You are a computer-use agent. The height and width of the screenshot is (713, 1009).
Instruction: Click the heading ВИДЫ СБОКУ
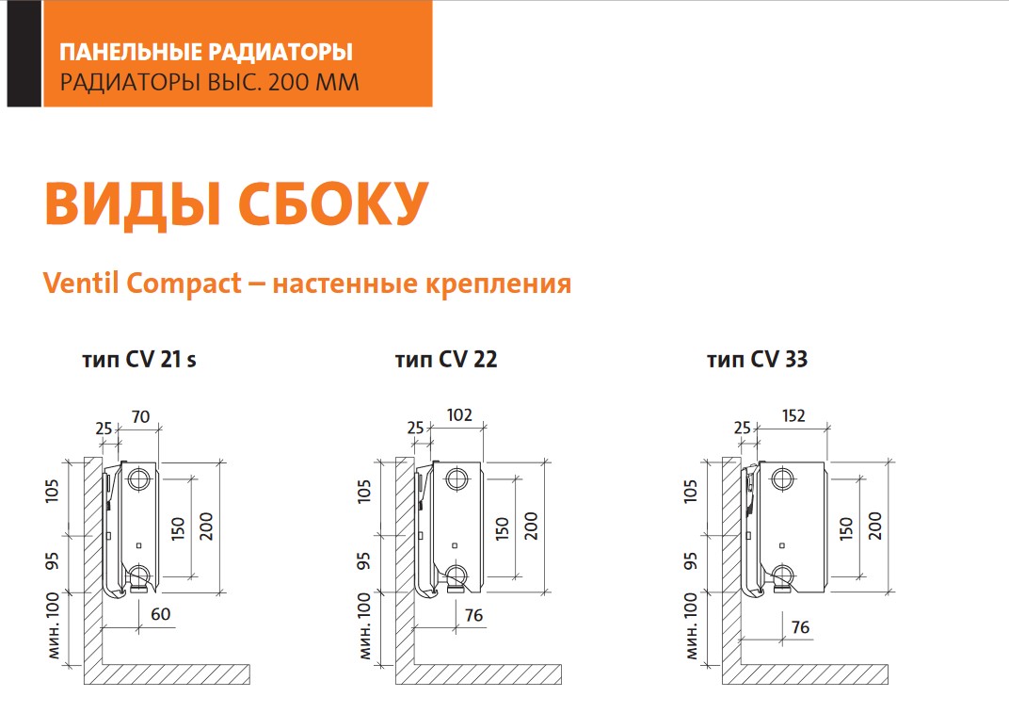[237, 203]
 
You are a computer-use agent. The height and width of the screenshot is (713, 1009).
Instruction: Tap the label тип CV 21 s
[139, 359]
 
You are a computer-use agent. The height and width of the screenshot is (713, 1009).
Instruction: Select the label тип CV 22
[446, 359]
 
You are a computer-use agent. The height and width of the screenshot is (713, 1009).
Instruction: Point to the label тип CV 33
[757, 359]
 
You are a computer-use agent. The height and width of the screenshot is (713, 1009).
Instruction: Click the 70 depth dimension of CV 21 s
[140, 416]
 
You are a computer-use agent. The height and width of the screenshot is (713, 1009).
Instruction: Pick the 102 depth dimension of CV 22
[459, 414]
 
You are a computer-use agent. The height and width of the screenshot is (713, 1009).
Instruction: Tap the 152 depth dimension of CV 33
[793, 415]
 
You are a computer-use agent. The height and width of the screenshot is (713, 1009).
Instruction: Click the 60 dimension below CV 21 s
[160, 614]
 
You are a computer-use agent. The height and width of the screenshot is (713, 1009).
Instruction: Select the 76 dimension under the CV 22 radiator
[473, 615]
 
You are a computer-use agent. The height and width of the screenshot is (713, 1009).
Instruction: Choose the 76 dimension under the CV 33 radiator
[800, 626]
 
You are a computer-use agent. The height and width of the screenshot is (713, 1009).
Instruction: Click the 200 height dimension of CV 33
[875, 526]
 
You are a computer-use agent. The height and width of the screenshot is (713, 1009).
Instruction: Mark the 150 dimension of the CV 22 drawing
[502, 528]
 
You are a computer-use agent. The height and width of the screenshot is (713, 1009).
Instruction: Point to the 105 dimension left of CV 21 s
[52, 491]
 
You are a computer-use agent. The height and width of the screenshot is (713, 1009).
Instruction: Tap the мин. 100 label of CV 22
[364, 626]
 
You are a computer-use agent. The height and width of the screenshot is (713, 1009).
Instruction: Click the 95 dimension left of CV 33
[691, 560]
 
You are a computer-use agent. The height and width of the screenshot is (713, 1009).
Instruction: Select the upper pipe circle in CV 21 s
[138, 479]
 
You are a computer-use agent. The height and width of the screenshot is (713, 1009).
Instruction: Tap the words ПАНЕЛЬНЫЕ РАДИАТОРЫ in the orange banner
[206, 52]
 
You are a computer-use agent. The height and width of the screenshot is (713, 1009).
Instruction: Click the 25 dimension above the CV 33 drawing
[742, 428]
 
